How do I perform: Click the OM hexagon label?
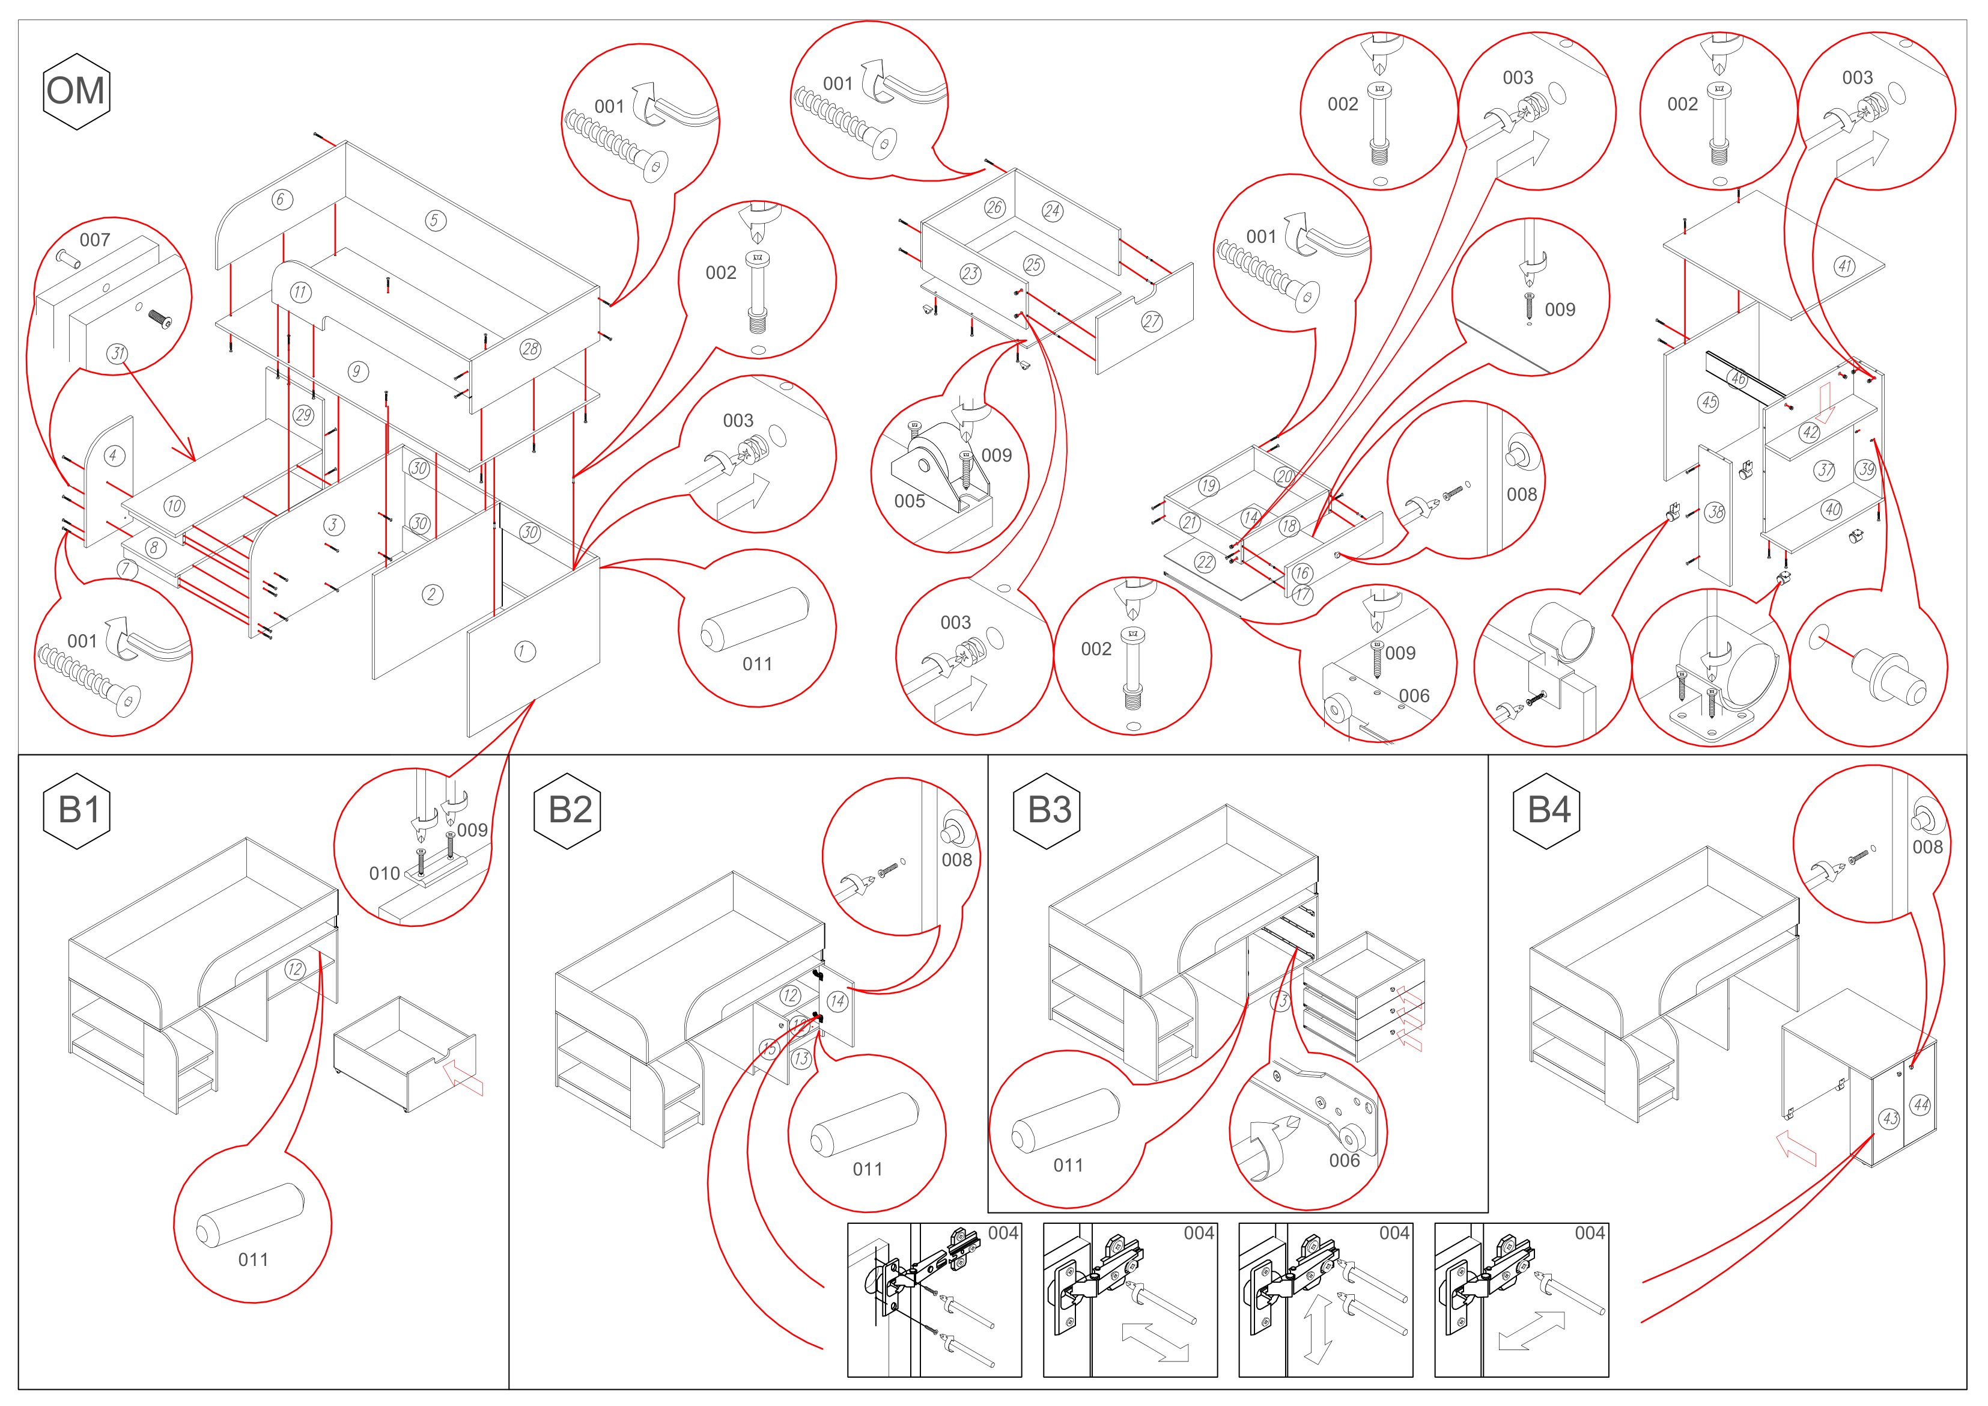coord(76,91)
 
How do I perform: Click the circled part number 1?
coord(524,652)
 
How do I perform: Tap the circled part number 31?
coord(118,353)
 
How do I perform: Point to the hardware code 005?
coord(909,501)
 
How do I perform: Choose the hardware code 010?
coord(385,873)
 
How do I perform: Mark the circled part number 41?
coord(1845,266)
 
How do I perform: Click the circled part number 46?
coord(1737,379)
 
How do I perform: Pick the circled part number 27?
coord(1152,322)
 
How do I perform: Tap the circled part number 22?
coord(1205,562)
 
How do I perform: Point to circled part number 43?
coord(1890,1119)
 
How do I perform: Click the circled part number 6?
coord(280,199)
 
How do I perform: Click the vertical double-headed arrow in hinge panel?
coord(1319,1328)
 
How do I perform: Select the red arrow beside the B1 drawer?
coord(463,1078)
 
